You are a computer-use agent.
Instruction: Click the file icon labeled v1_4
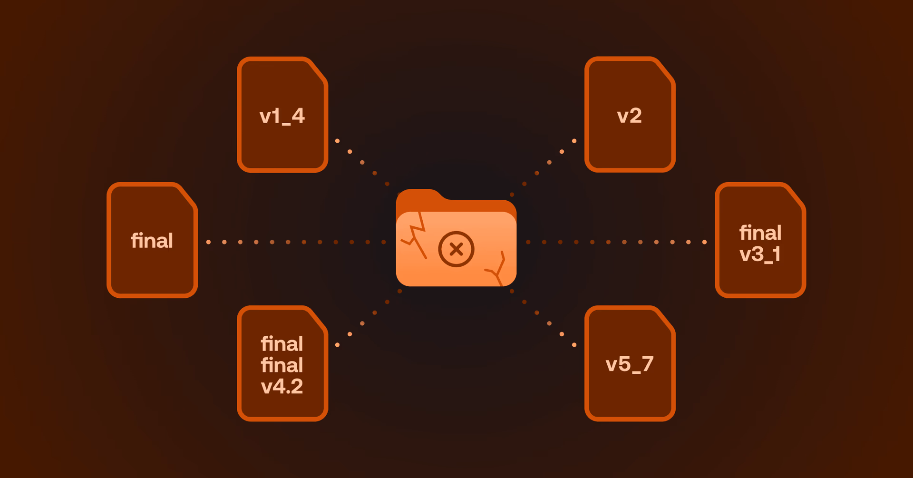(282, 114)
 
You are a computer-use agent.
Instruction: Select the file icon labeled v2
(630, 114)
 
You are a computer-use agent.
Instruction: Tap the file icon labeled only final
(152, 240)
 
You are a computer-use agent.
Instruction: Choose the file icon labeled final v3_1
(760, 240)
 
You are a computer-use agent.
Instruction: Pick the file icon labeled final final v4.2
(282, 363)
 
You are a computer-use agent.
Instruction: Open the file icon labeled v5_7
(630, 363)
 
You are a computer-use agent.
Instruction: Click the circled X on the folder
(456, 249)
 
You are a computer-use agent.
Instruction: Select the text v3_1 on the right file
(760, 254)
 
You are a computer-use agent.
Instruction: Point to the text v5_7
(630, 364)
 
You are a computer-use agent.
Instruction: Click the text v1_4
(282, 116)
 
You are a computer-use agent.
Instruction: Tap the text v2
(629, 116)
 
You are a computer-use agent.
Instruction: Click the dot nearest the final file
(208, 242)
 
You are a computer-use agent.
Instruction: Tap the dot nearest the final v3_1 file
(704, 242)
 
